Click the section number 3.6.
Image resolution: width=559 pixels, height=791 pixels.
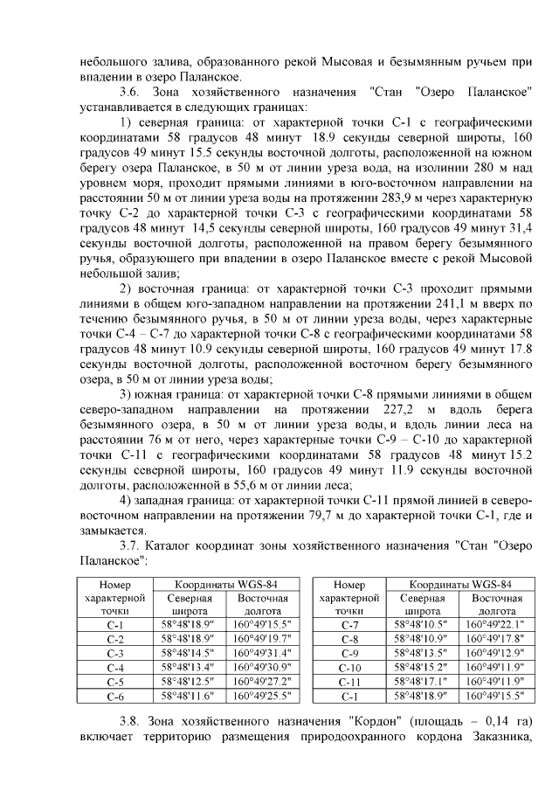[x=130, y=92]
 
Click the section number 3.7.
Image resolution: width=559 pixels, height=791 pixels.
[x=130, y=546]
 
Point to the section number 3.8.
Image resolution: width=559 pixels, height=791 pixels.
[x=130, y=721]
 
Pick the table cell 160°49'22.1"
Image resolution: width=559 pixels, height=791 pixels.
[x=496, y=625]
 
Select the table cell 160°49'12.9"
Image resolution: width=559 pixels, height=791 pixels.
[x=496, y=653]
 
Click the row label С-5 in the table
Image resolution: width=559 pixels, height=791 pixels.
[x=114, y=683]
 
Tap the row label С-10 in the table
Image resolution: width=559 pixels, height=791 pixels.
[x=349, y=668]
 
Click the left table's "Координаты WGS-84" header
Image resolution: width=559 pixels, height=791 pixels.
[x=226, y=584]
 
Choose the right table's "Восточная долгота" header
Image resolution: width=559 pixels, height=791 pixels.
[x=496, y=605]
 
